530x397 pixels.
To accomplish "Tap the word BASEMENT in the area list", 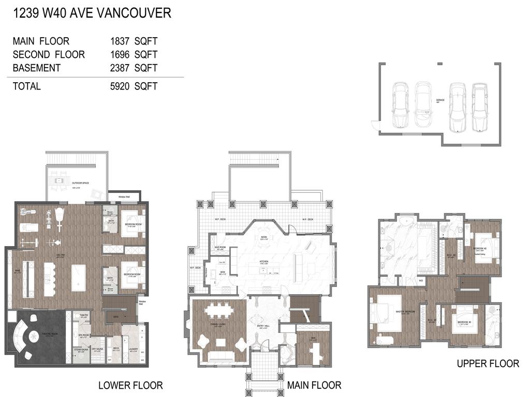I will [x=37, y=68].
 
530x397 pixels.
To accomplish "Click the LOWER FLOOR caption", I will [x=130, y=385].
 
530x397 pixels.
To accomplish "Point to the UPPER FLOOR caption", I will [x=488, y=364].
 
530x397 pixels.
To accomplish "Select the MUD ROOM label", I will [x=219, y=248].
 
